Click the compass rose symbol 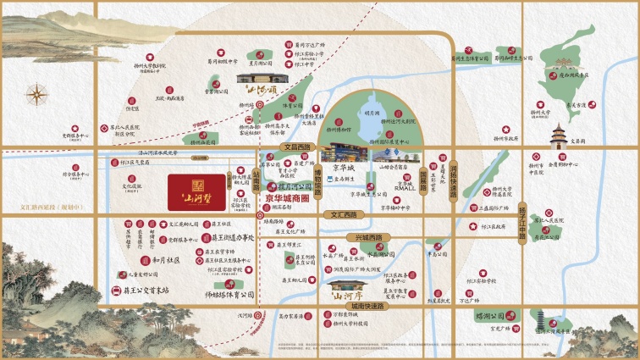click(38, 95)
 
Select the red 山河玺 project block click(196, 191)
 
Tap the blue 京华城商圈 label click(289, 200)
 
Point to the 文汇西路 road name click(337, 216)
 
